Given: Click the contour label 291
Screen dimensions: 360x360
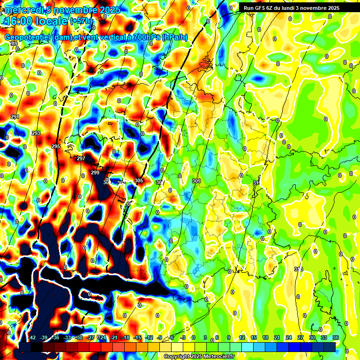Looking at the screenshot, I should (15, 117).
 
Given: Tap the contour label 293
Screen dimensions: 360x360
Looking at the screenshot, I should (36, 134).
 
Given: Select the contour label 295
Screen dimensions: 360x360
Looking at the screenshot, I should (56, 147).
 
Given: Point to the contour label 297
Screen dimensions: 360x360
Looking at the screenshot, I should (81, 158).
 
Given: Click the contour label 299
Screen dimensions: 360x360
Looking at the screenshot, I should (95, 173).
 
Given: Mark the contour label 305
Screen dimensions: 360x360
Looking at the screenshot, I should (139, 180).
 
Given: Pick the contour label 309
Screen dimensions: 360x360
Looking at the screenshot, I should (196, 180).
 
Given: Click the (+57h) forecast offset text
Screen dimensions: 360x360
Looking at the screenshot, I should (81, 21).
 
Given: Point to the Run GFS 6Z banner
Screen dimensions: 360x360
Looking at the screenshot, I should (291, 8).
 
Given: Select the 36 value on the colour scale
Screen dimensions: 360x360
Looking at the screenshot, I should (336, 337).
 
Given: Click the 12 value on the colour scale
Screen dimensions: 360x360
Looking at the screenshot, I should (241, 337).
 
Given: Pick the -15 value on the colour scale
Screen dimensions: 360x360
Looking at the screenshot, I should (138, 337).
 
